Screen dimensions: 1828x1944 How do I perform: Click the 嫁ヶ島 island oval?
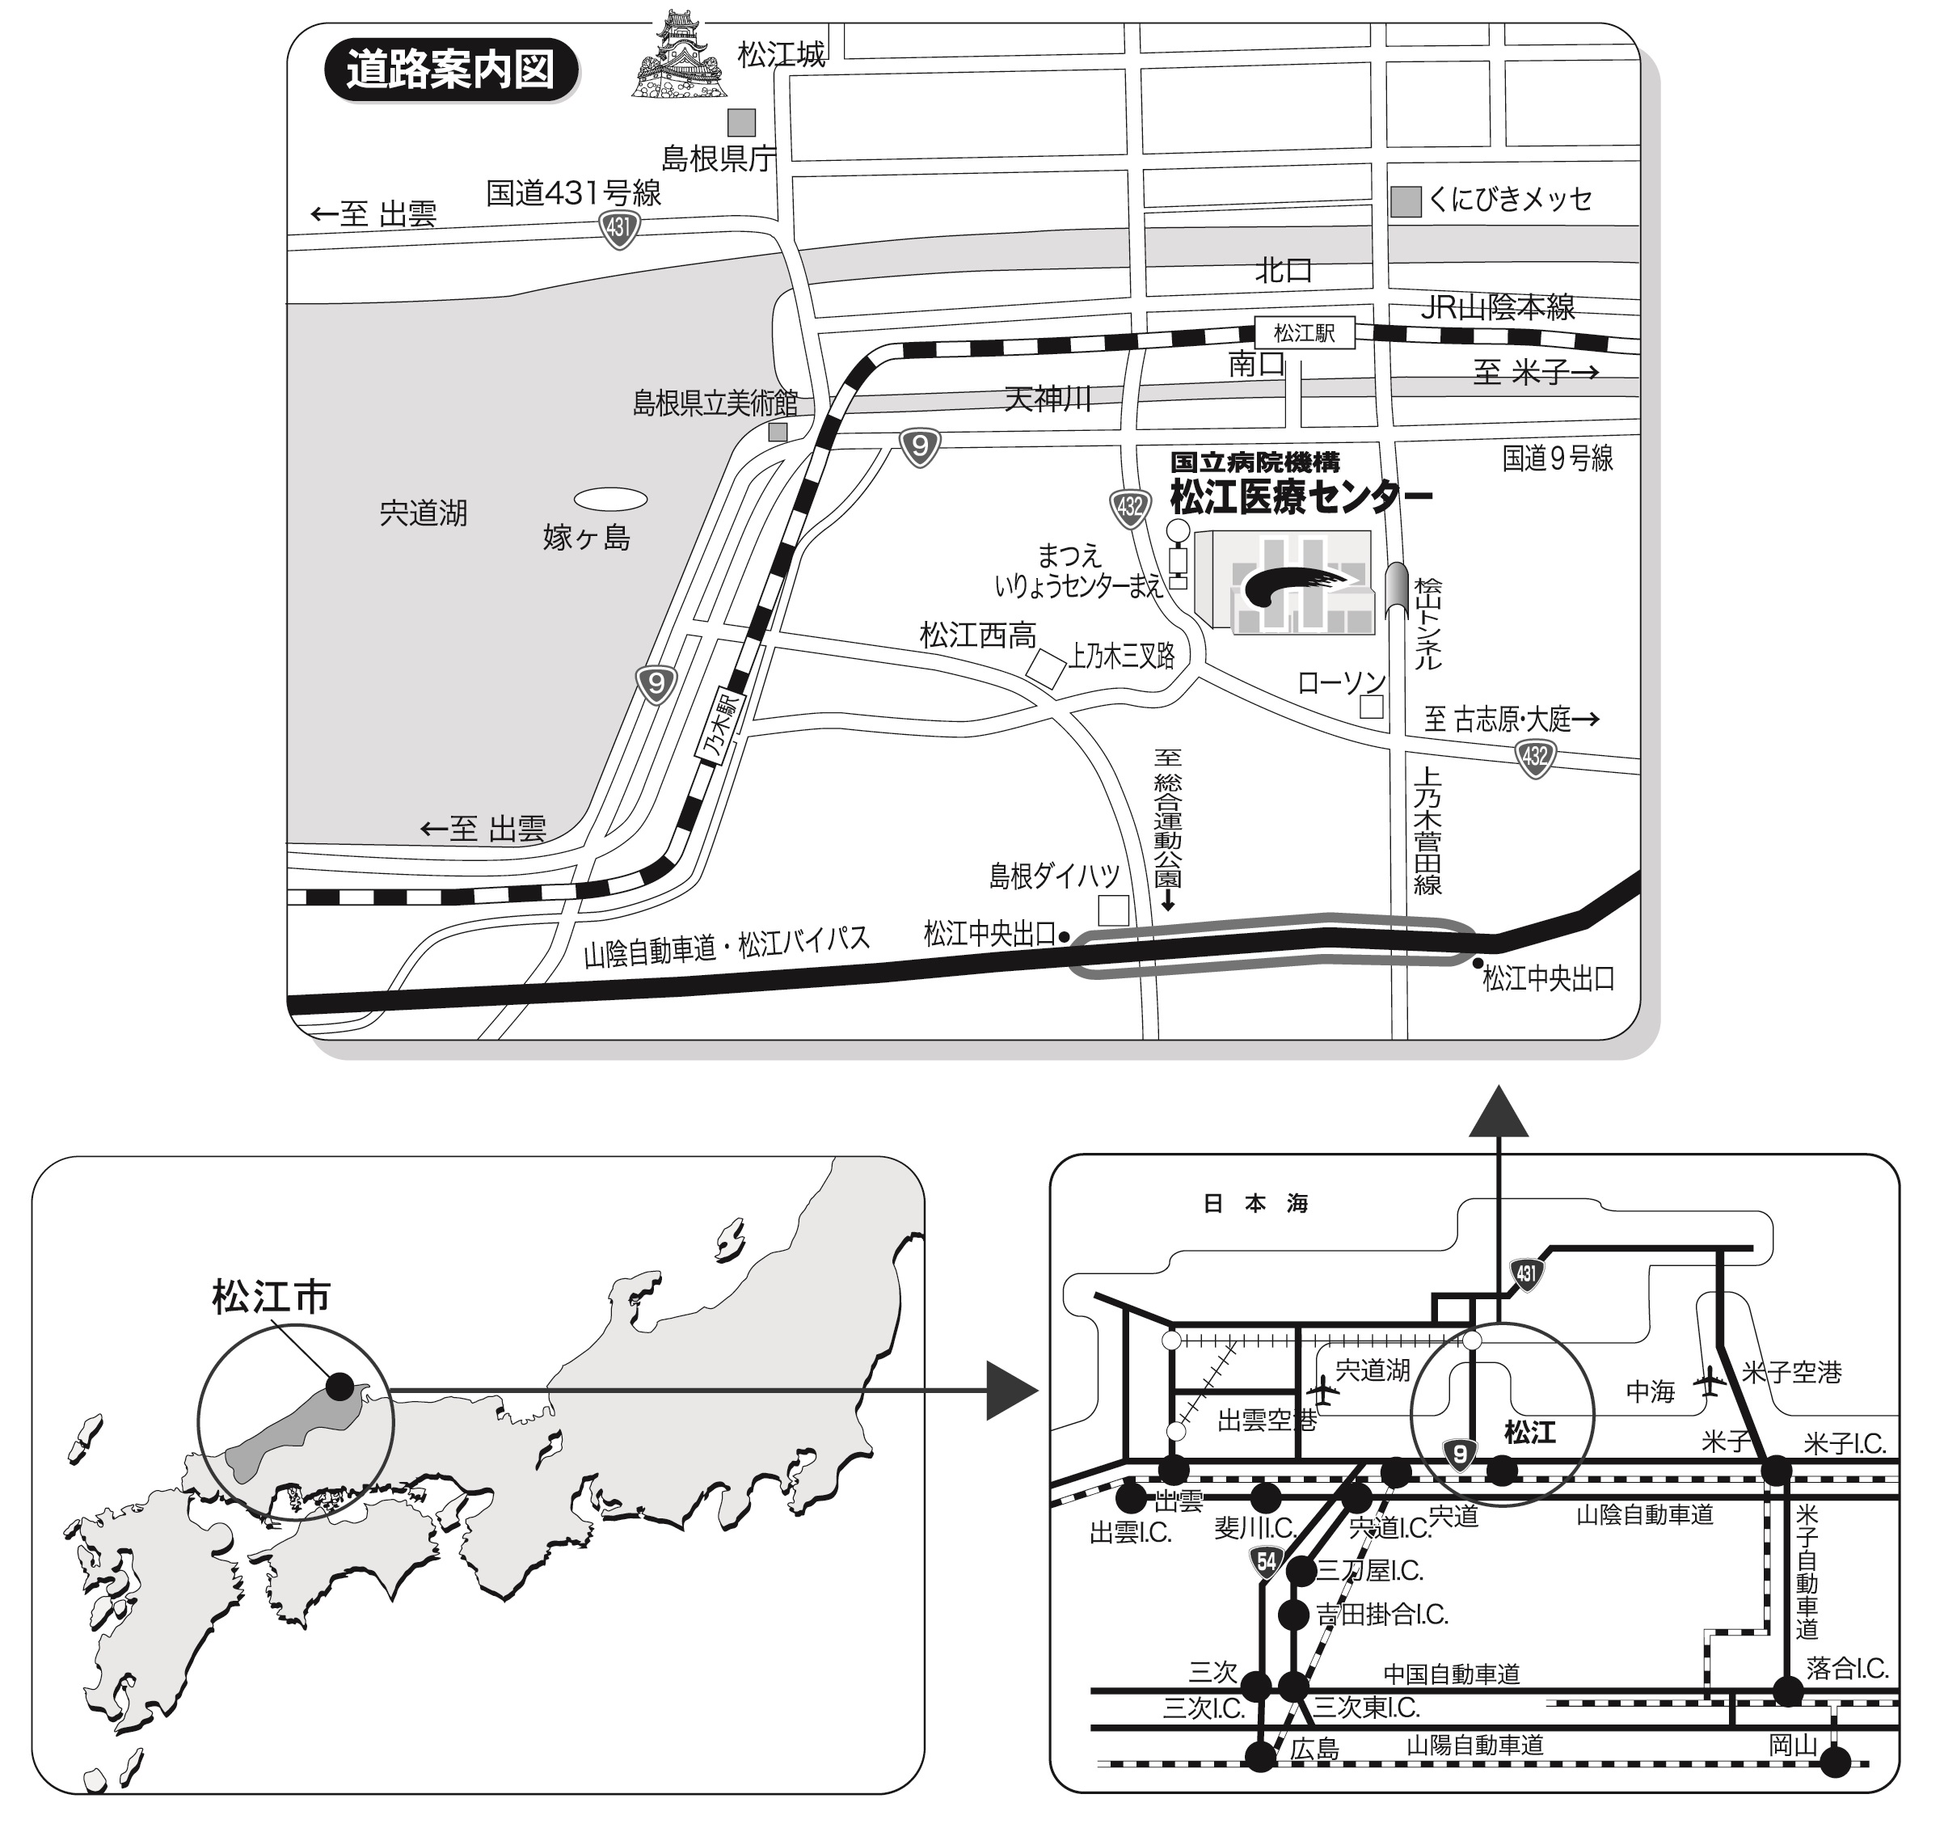tap(610, 500)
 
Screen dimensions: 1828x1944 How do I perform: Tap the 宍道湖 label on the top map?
tap(424, 513)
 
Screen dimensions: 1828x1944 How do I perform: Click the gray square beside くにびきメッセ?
tap(1405, 201)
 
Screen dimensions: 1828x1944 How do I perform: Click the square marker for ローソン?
tap(1372, 706)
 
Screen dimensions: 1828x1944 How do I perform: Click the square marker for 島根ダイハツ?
tap(1113, 910)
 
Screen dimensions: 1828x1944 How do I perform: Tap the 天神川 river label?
tap(1048, 398)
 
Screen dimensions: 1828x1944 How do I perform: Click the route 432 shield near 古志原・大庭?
tap(1535, 757)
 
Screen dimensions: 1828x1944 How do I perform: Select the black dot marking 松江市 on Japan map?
tap(339, 1386)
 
